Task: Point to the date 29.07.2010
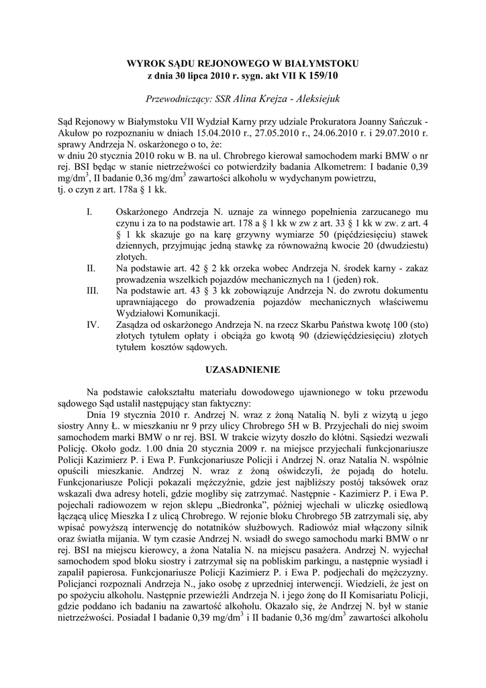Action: [399, 133]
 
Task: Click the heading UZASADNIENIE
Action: [242, 370]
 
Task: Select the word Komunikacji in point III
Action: [189, 314]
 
